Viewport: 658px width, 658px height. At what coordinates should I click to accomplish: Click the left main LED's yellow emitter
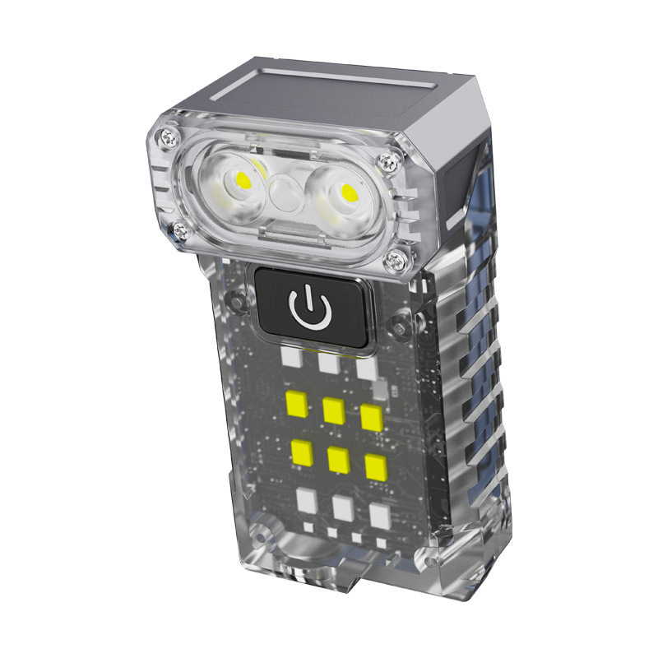coord(243,178)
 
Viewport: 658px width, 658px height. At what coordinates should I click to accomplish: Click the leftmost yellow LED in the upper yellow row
coord(294,401)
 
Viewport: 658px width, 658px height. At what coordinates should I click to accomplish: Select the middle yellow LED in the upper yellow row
coord(333,410)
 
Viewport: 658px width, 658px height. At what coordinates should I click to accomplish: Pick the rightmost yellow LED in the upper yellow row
coord(372,418)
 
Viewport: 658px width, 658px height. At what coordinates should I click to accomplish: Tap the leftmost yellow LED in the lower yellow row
coord(301,451)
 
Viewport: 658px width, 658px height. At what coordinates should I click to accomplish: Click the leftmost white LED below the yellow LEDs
coord(306,499)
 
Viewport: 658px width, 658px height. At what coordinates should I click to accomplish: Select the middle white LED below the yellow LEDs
coord(343,508)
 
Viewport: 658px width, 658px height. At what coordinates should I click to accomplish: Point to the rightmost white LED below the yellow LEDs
coord(380,516)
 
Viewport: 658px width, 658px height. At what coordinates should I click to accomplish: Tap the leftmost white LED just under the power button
coord(289,356)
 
